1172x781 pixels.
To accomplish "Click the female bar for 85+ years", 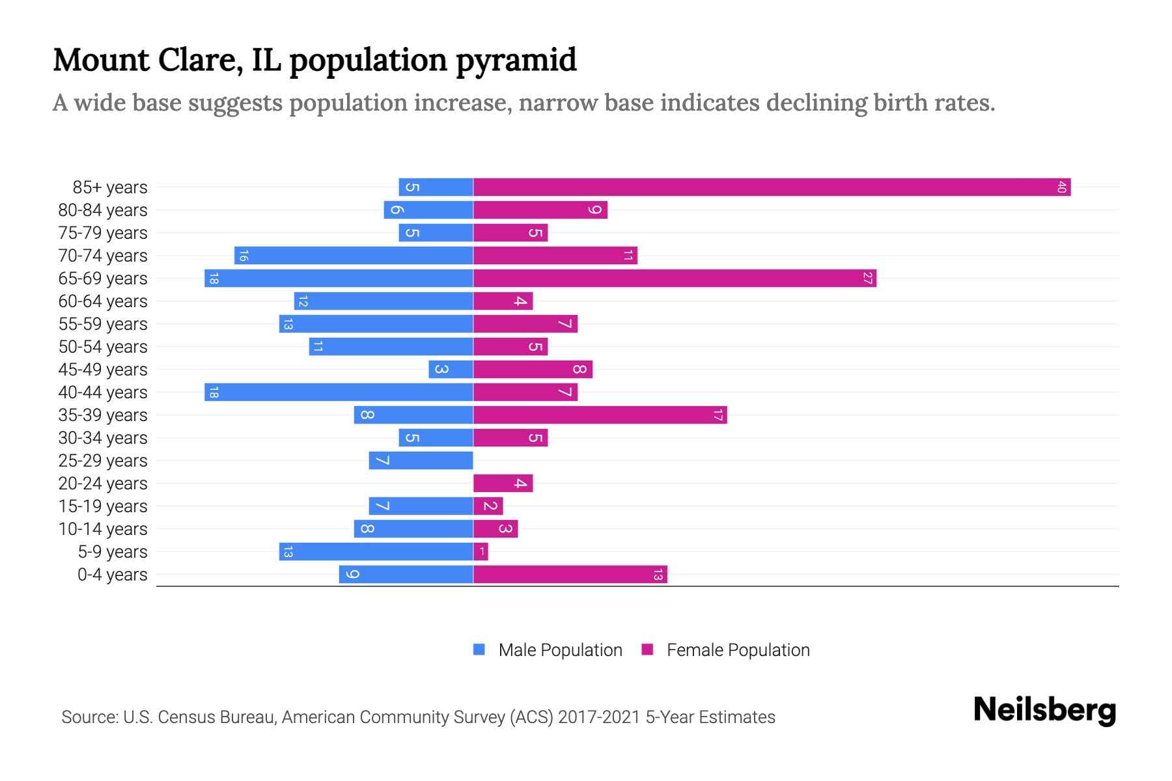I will point(772,187).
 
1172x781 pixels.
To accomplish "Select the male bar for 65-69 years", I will point(339,279).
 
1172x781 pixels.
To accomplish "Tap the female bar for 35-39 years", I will point(600,415).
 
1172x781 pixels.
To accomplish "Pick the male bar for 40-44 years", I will point(339,392).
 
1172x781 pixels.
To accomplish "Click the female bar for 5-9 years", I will point(481,552).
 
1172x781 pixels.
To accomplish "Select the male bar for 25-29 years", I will point(421,461).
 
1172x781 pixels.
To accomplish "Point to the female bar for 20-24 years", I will point(503,484).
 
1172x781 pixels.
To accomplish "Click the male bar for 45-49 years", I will point(451,370).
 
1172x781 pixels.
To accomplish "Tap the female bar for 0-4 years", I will point(570,575).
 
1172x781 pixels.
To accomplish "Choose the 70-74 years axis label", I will point(103,256).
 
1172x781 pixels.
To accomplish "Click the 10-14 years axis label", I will point(103,529).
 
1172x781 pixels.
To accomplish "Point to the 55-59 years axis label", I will point(103,324).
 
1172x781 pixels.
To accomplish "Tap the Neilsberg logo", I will point(1044,710).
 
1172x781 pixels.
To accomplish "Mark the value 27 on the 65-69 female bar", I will point(867,279).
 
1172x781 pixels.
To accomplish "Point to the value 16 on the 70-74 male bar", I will point(243,256).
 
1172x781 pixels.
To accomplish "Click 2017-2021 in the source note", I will point(598,717).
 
